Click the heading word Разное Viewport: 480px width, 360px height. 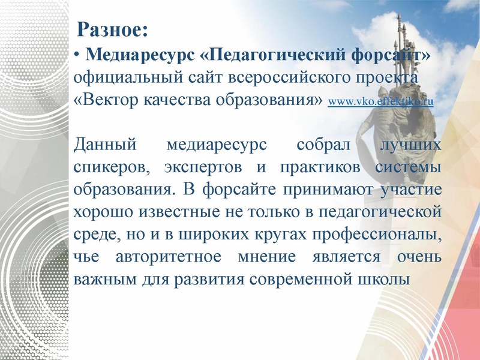click(x=113, y=29)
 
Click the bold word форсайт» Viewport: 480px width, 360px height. click(x=391, y=56)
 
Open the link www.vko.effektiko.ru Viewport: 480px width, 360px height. click(x=381, y=101)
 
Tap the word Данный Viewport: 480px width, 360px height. click(x=103, y=146)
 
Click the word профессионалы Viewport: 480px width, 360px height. click(x=383, y=234)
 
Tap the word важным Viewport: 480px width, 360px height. click(x=103, y=279)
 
